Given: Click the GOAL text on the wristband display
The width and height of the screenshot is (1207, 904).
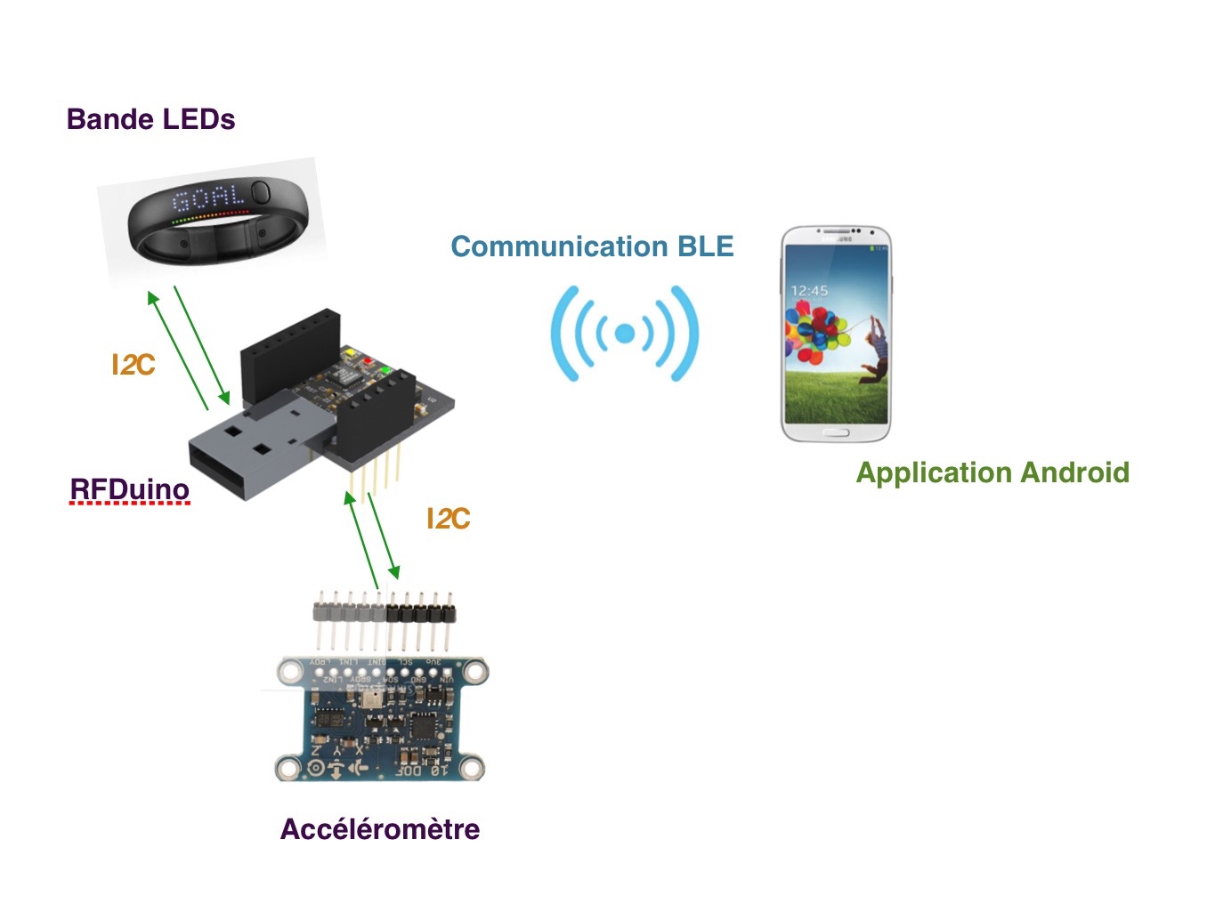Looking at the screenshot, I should [x=207, y=198].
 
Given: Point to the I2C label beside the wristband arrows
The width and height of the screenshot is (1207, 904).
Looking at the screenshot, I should [x=133, y=365].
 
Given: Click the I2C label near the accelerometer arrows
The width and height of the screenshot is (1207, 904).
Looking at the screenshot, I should [x=448, y=519].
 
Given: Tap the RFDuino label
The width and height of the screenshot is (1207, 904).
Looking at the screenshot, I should [x=130, y=489].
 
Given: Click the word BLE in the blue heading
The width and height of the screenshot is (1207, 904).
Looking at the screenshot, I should [x=706, y=246].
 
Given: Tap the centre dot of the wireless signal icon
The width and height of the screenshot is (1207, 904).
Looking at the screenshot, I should [x=625, y=334].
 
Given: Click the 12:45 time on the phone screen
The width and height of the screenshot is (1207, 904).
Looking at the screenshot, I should [x=809, y=291].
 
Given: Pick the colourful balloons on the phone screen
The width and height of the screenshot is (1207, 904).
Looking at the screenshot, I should [x=813, y=334].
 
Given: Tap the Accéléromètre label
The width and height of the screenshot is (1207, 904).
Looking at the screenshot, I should [x=380, y=829].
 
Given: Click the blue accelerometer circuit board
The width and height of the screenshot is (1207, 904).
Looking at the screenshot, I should [x=381, y=721].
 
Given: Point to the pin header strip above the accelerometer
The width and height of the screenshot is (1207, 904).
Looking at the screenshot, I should [x=385, y=613].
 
